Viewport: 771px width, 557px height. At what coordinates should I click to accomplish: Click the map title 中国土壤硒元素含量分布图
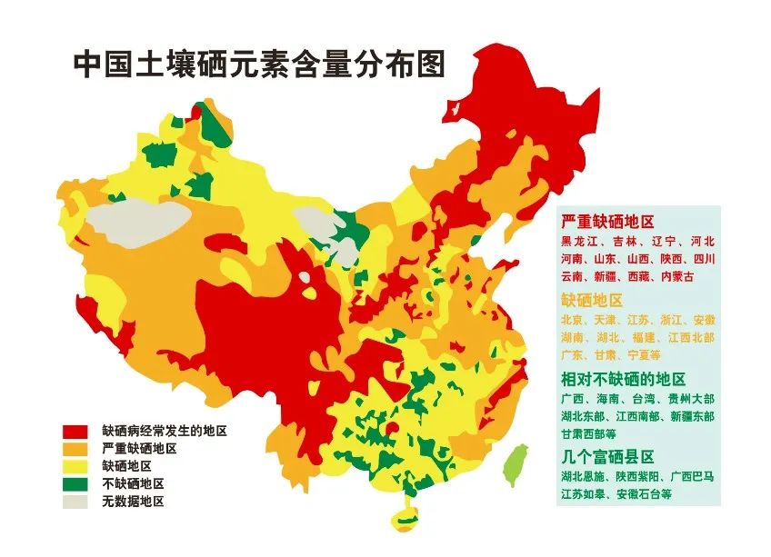[258, 66]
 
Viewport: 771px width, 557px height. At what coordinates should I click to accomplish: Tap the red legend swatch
[75, 432]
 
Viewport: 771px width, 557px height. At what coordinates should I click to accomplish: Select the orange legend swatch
[75, 449]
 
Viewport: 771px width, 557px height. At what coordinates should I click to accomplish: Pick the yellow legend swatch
[75, 466]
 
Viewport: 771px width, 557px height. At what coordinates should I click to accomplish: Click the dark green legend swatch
[75, 483]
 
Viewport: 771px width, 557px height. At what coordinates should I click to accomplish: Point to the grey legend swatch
[75, 501]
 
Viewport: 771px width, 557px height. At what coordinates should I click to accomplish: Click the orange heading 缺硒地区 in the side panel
[592, 300]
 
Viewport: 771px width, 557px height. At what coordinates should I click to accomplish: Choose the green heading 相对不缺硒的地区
[623, 379]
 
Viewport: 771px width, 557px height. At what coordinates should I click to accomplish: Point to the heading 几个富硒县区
[606, 456]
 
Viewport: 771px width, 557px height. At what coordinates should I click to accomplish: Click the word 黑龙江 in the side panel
[579, 242]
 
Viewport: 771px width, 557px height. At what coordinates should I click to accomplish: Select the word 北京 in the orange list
[573, 321]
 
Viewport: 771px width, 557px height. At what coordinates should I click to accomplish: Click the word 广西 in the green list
[573, 399]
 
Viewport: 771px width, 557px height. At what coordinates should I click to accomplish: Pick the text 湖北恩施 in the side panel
[586, 477]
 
